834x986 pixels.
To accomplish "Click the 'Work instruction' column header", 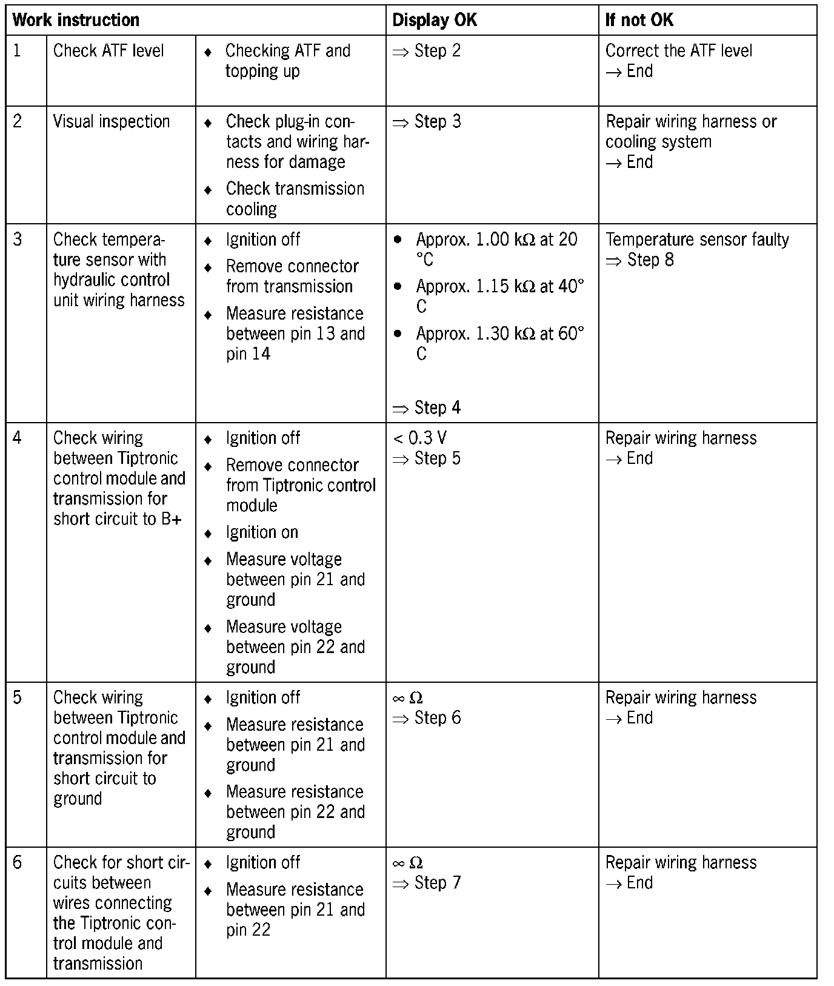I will (x=76, y=20).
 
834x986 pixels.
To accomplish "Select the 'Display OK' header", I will (x=435, y=20).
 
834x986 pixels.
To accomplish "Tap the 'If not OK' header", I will (x=639, y=20).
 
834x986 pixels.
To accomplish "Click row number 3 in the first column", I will (x=18, y=240).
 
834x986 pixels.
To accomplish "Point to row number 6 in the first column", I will (x=18, y=862).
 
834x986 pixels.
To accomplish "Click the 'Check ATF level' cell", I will (x=108, y=50).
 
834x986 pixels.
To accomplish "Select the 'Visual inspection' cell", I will (x=112, y=121).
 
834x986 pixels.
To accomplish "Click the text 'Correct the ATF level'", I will (x=679, y=50).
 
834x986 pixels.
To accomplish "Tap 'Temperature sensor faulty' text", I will (x=697, y=240).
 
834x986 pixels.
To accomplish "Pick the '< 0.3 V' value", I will (x=420, y=438).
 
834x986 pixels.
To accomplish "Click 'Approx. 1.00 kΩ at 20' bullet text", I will (x=496, y=240).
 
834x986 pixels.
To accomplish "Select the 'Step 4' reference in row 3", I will (x=437, y=407).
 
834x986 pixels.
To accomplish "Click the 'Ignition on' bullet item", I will (x=262, y=532).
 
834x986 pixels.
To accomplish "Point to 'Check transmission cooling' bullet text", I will (x=295, y=198).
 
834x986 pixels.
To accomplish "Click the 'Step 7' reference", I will (x=437, y=883).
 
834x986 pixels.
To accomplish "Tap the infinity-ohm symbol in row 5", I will (x=408, y=698).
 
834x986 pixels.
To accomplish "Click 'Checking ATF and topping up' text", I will (x=287, y=61).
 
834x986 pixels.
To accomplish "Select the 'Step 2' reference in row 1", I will (x=437, y=51).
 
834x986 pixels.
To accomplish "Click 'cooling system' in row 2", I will (x=658, y=142).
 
